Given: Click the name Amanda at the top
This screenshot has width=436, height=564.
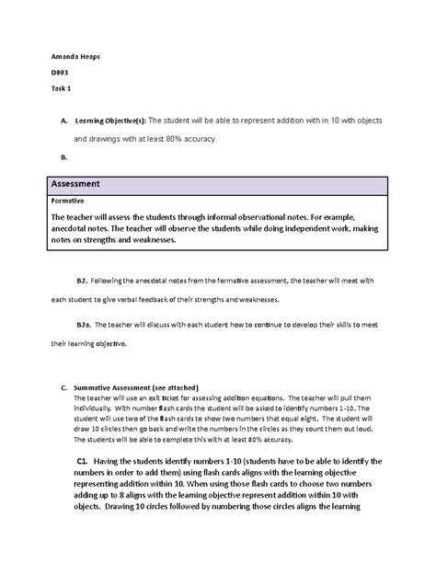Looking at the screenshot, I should point(62,57).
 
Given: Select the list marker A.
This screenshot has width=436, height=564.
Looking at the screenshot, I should point(62,121).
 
